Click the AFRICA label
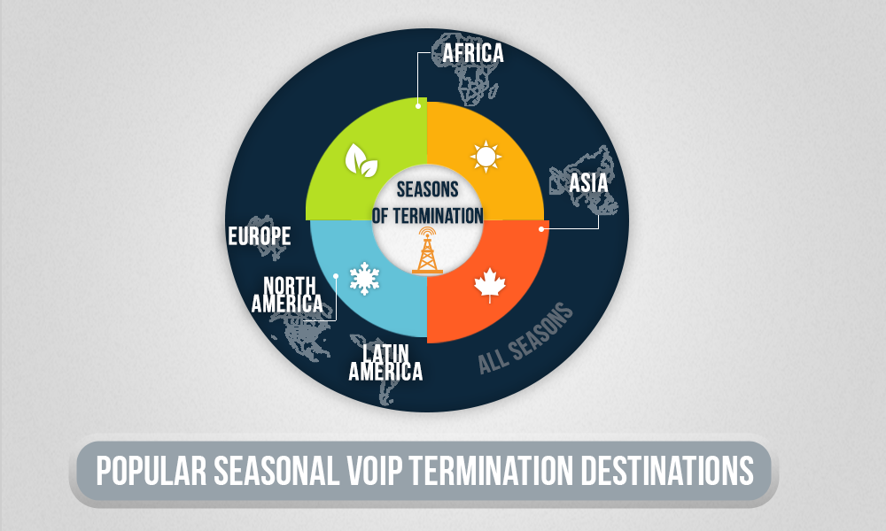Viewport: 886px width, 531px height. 473,53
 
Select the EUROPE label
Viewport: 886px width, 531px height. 259,236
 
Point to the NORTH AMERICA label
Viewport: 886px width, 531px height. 286,294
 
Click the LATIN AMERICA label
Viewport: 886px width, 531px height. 385,362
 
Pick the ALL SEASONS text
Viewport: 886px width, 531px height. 526,339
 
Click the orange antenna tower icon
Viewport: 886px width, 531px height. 428,250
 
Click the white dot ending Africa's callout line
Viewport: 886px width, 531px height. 416,108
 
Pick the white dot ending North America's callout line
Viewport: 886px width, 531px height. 337,275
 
